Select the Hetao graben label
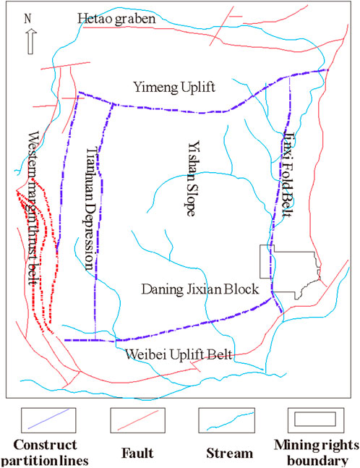point(116,20)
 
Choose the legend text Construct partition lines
point(47,453)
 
